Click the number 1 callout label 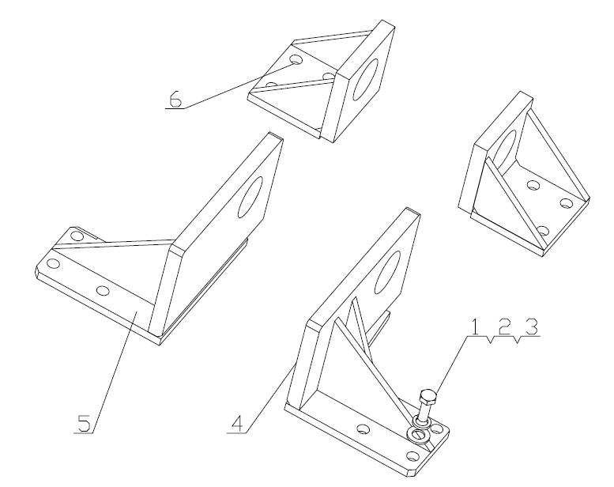coord(474,327)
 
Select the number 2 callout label coord(504,327)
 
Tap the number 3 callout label coord(531,327)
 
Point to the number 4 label coord(238,424)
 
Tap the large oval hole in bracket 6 coord(366,79)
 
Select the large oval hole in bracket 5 coord(250,197)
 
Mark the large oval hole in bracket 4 coord(387,272)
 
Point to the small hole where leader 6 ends coord(296,60)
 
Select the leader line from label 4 coord(271,398)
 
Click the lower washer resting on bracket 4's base coord(417,435)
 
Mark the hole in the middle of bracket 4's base coord(363,429)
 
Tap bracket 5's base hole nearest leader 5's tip coord(103,290)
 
